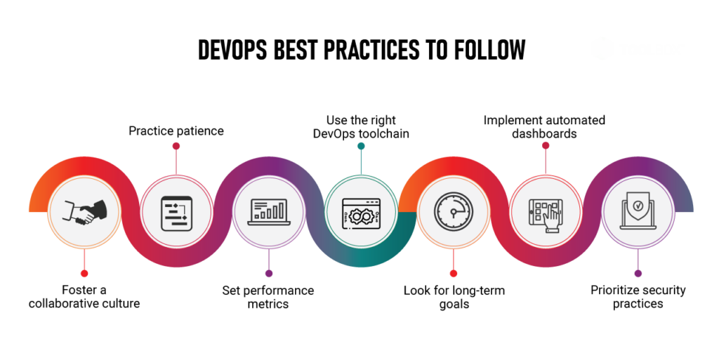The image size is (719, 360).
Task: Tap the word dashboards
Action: coord(544,133)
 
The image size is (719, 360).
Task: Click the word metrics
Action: coord(268,303)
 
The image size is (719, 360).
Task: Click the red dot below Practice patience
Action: coord(176,146)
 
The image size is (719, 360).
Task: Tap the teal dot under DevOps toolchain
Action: coord(361,147)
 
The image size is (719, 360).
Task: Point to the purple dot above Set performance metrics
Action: coord(268,273)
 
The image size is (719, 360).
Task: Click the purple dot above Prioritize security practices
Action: coord(638,273)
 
